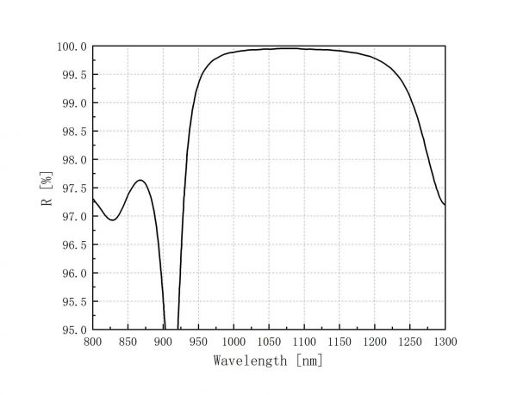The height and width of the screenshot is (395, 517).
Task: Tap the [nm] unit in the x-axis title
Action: point(308,361)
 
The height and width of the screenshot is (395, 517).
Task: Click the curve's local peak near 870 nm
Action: point(140,180)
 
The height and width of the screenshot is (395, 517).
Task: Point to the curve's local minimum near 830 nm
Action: point(112,220)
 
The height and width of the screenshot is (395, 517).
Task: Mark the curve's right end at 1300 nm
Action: point(445,205)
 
